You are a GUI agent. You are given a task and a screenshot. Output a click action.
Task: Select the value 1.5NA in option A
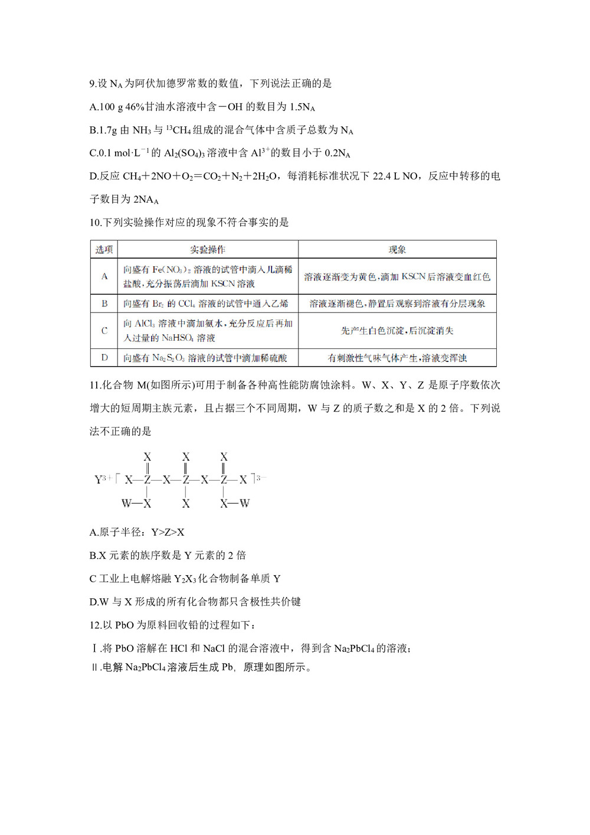click(x=302, y=107)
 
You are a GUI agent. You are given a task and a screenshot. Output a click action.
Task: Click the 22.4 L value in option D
click(x=386, y=176)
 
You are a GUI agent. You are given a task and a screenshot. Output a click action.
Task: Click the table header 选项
click(x=104, y=250)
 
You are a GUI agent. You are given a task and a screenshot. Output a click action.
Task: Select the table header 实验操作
click(x=207, y=250)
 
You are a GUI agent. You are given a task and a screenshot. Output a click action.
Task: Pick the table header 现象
click(x=397, y=250)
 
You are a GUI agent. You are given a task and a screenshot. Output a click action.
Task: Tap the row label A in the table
click(x=104, y=276)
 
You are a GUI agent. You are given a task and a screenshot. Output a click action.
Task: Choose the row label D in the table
click(x=104, y=358)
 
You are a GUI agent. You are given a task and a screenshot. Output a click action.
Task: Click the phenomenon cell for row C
click(x=397, y=331)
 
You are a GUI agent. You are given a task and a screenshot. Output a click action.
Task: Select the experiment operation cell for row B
click(x=207, y=304)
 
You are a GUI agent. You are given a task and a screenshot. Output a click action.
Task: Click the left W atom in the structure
click(x=126, y=504)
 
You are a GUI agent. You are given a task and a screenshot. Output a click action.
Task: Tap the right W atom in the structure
click(x=244, y=504)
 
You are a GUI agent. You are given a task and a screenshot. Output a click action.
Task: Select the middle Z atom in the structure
click(x=186, y=480)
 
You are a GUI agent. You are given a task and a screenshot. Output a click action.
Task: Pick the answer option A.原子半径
click(x=137, y=533)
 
